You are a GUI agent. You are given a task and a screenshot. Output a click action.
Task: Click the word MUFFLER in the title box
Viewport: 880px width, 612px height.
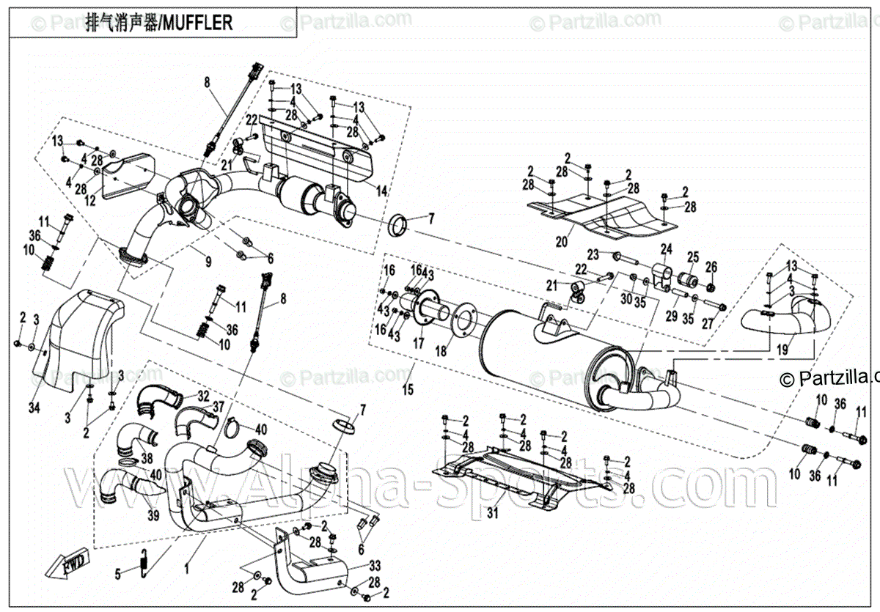pos(198,23)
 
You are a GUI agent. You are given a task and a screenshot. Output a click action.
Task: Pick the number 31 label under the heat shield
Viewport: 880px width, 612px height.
pos(492,513)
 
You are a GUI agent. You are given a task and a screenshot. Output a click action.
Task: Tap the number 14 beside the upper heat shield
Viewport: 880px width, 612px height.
pos(382,191)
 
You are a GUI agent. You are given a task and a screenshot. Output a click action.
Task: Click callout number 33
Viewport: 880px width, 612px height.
pos(375,565)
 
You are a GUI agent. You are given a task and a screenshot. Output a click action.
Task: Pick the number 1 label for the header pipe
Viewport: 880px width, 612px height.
pos(186,567)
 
